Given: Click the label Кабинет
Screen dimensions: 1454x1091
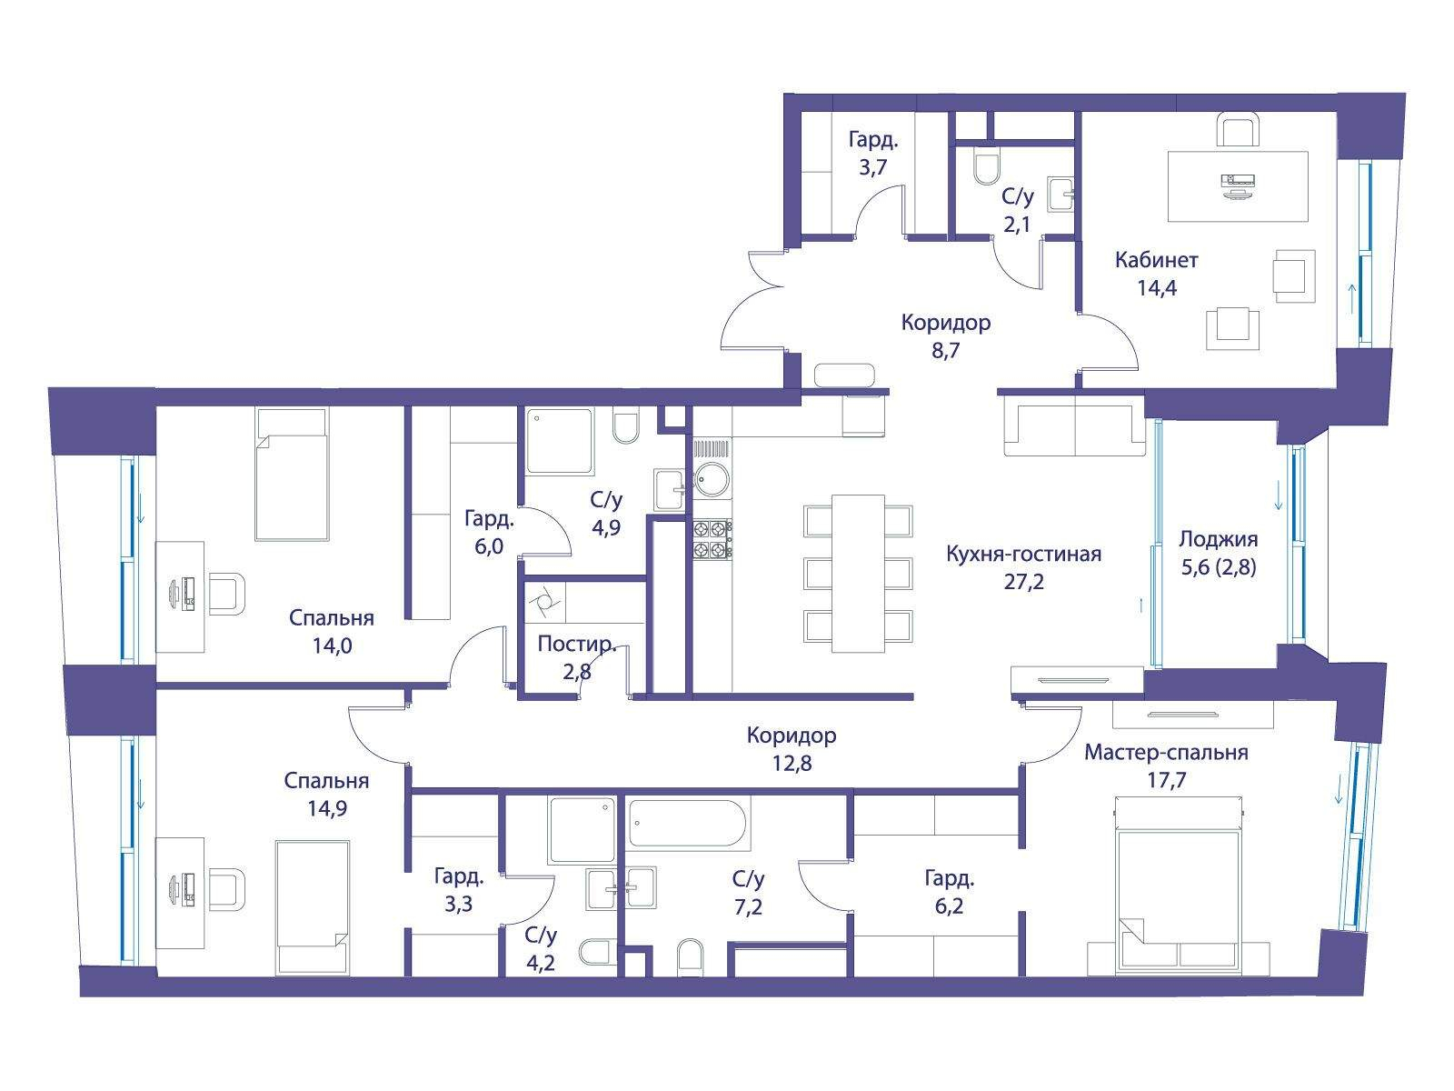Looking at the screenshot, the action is (x=1156, y=260).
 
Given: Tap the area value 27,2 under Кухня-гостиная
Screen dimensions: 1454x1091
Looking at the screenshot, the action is (x=1023, y=582).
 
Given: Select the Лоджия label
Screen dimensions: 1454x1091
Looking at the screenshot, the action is (x=1219, y=539).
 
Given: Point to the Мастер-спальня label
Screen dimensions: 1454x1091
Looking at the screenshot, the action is (x=1166, y=753).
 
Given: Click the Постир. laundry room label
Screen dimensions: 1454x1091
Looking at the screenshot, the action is (x=576, y=644).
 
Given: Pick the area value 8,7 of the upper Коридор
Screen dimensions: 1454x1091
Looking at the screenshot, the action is (x=945, y=350).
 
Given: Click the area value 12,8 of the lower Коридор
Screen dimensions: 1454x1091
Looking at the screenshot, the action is (x=792, y=763).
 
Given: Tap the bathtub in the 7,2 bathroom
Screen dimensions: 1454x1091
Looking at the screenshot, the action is (x=686, y=824).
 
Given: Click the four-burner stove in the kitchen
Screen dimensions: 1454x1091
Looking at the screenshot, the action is (x=712, y=539).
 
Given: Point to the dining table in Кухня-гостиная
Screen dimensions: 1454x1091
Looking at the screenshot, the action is (x=858, y=574).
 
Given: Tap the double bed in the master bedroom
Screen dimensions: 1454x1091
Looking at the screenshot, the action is (x=1179, y=885).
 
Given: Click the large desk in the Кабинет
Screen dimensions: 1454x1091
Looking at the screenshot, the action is (x=1238, y=186).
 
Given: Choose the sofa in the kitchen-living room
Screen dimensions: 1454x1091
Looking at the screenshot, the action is (x=1074, y=425).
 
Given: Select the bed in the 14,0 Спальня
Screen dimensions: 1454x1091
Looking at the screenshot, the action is (x=292, y=474).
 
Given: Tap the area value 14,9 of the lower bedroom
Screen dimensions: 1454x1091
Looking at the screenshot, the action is (x=326, y=808).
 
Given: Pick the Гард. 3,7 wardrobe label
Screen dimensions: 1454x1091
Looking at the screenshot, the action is (x=873, y=153).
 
